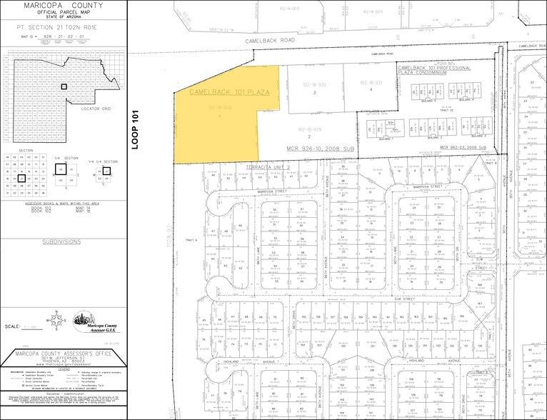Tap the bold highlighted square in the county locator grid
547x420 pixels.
click(x=64, y=86)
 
